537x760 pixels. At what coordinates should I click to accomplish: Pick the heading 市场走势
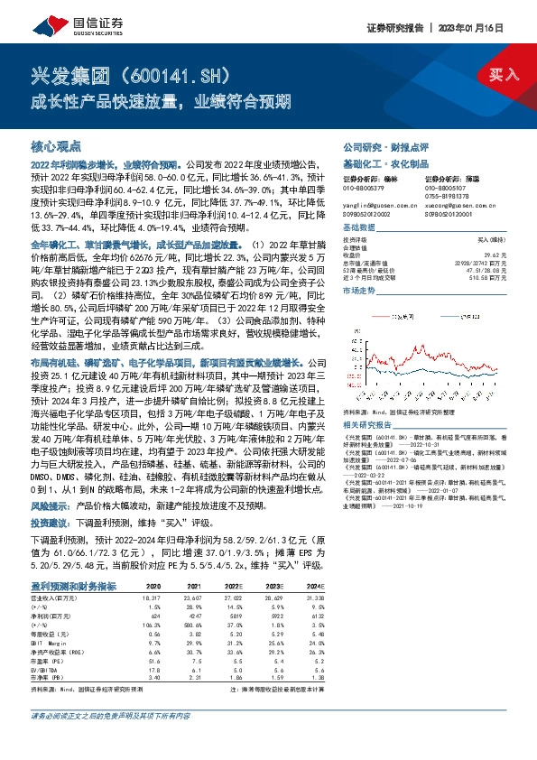tap(359, 291)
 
